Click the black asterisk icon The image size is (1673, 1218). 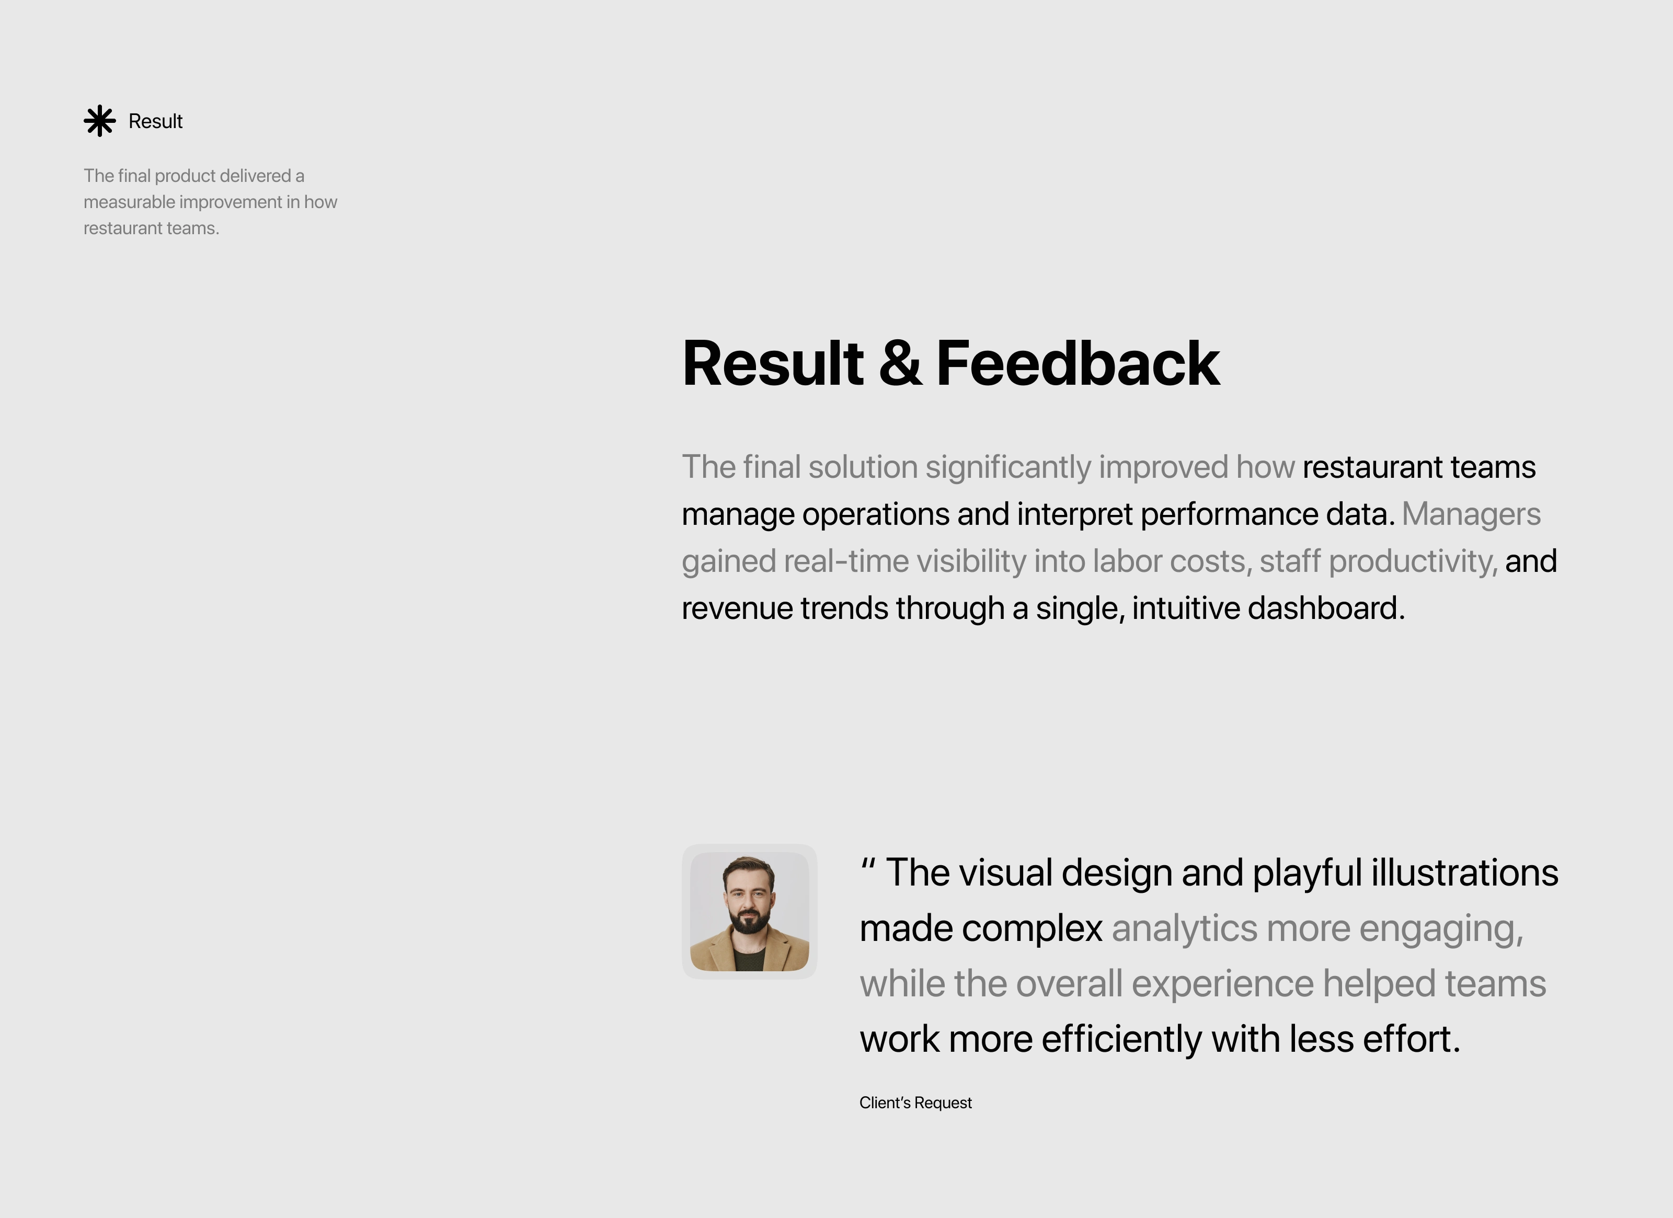point(99,121)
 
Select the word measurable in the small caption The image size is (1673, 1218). point(129,202)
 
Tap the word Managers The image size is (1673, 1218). point(1471,514)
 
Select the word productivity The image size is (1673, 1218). point(1413,562)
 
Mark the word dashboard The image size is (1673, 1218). point(1326,608)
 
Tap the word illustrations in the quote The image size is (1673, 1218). point(1465,873)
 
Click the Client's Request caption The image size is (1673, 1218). point(915,1103)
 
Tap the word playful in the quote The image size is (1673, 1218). point(1307,874)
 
